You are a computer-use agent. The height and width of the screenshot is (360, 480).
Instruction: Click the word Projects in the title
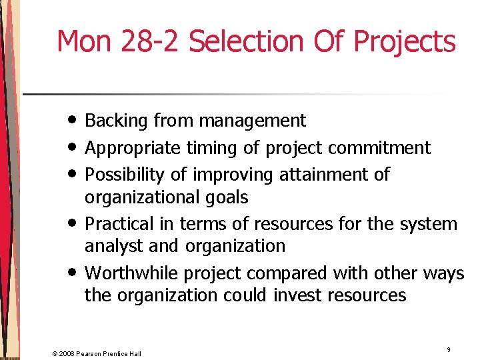click(404, 41)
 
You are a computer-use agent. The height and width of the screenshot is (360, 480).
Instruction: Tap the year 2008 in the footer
click(67, 353)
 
